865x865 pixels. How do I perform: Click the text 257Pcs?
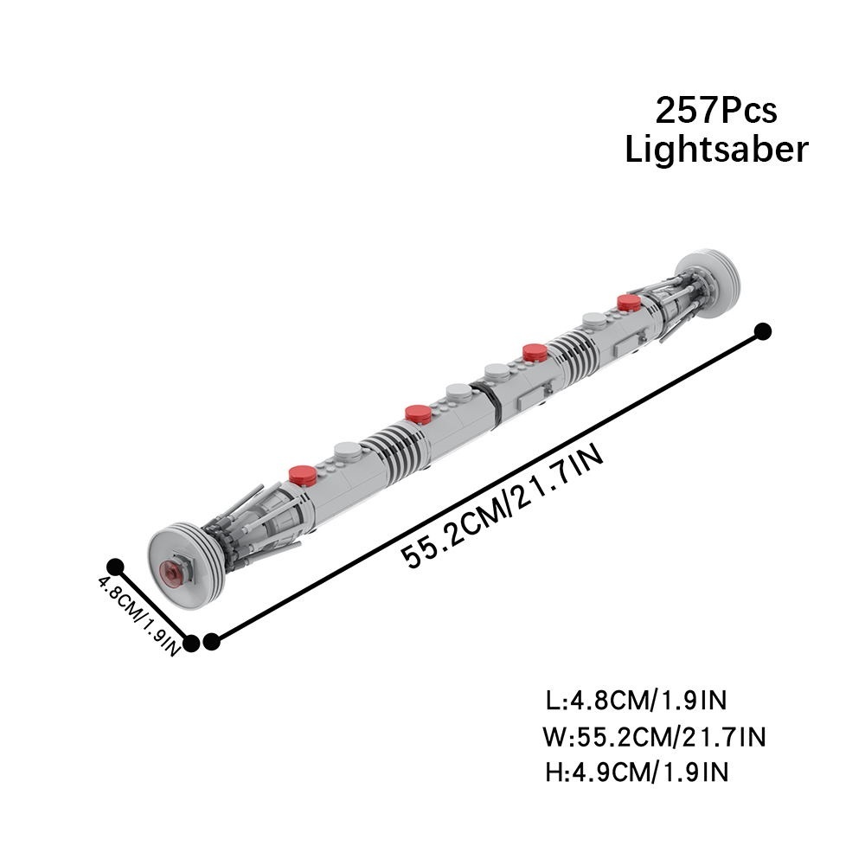(x=716, y=111)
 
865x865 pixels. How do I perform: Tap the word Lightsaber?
(x=716, y=149)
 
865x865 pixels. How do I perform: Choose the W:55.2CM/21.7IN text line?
(x=654, y=737)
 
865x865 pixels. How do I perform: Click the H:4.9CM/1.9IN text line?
(x=637, y=772)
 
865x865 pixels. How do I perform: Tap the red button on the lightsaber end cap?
(x=173, y=571)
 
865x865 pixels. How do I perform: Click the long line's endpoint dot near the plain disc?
(x=763, y=331)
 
